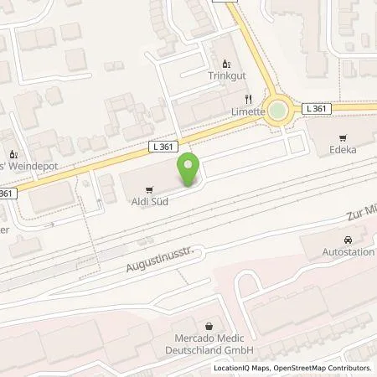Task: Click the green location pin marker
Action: point(190,165)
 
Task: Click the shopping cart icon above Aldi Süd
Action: point(148,189)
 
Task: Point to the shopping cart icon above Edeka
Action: point(342,138)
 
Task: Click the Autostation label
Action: point(349,252)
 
